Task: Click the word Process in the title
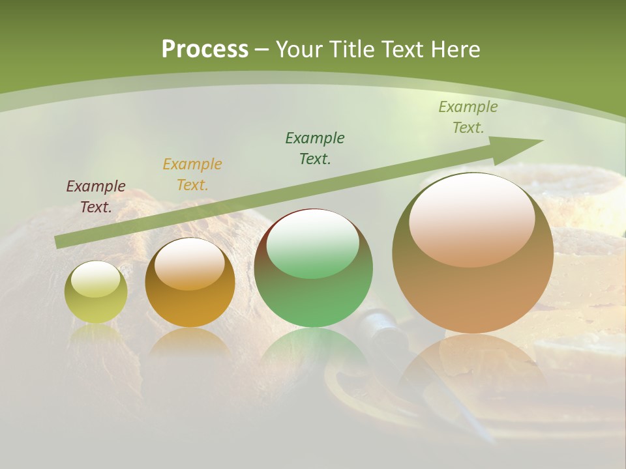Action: click(205, 50)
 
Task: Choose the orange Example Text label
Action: click(192, 175)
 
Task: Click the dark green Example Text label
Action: click(315, 149)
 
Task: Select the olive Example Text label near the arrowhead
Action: click(468, 117)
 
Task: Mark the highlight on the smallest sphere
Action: click(96, 279)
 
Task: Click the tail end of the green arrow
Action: click(61, 242)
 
